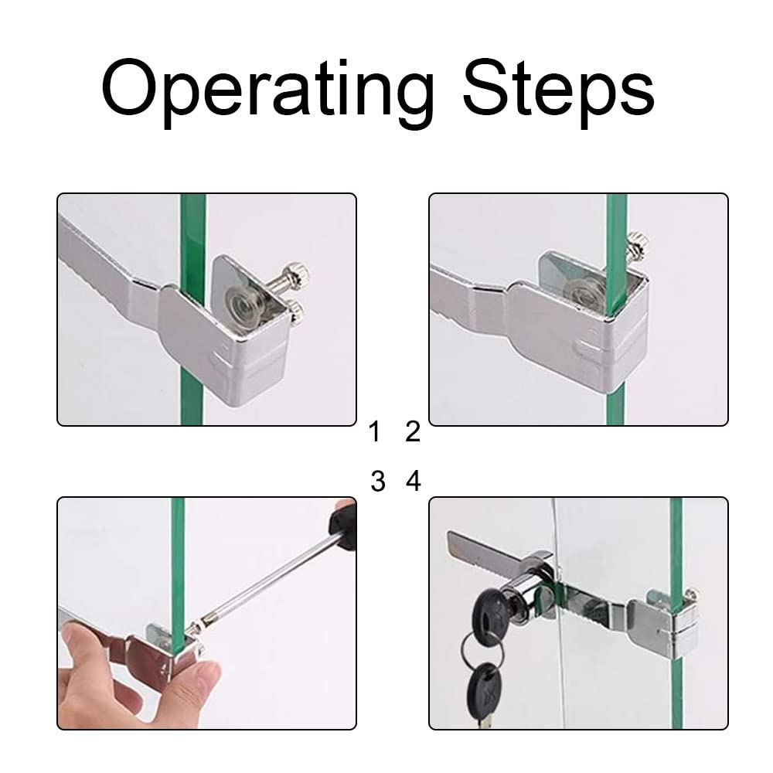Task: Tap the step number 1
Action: pyautogui.click(x=375, y=431)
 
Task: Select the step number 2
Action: pyautogui.click(x=413, y=431)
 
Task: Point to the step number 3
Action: pyautogui.click(x=378, y=481)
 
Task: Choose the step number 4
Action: pyautogui.click(x=413, y=481)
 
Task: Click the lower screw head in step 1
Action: pyautogui.click(x=296, y=312)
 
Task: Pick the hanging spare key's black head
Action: pyautogui.click(x=484, y=689)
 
